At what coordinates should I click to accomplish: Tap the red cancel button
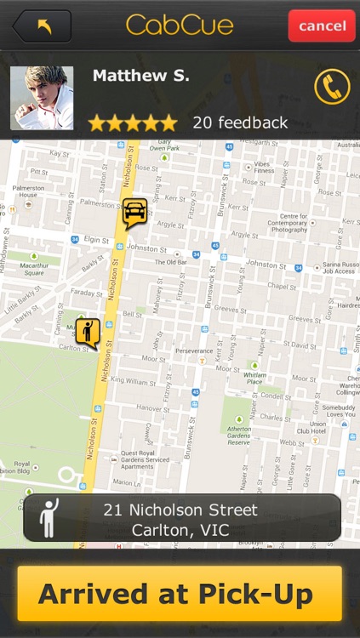pyautogui.click(x=322, y=26)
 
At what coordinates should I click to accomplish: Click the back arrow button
pyautogui.click(x=42, y=26)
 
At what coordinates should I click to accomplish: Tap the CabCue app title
pyautogui.click(x=180, y=26)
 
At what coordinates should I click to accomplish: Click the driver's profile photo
pyautogui.click(x=42, y=98)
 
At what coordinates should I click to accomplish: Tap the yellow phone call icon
pyautogui.click(x=332, y=87)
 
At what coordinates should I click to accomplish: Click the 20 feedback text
pyautogui.click(x=240, y=122)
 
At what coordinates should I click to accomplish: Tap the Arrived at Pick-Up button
pyautogui.click(x=180, y=594)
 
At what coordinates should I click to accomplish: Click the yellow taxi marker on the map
pyautogui.click(x=134, y=212)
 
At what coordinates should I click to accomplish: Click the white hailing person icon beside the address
pyautogui.click(x=49, y=518)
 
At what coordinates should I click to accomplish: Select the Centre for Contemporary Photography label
pyautogui.click(x=293, y=224)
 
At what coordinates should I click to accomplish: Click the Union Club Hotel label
pyautogui.click(x=317, y=428)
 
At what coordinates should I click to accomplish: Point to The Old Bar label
pyautogui.click(x=171, y=262)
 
